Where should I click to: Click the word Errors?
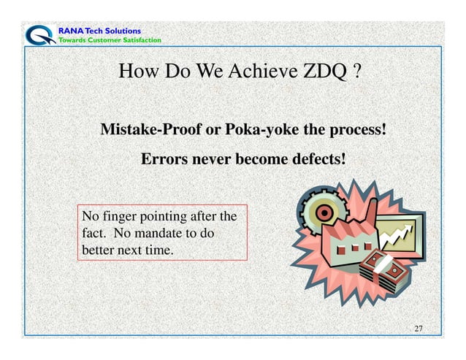(163, 158)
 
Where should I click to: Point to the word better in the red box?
(98, 249)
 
